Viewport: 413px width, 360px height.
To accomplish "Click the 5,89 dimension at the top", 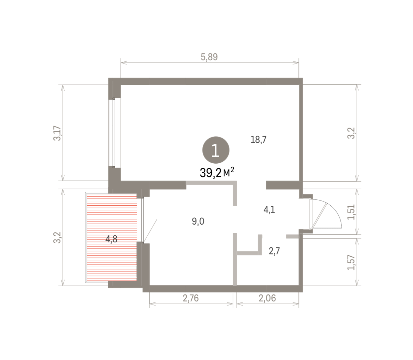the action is (209, 57).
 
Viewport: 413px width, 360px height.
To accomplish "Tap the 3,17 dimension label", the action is (57, 133).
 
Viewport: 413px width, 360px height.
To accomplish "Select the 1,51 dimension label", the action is (351, 212).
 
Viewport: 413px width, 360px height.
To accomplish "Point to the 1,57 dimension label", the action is (351, 263).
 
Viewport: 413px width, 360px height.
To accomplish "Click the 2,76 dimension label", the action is (191, 298).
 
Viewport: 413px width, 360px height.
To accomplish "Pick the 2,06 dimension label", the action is (267, 298).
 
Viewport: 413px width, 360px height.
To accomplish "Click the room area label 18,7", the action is (258, 140).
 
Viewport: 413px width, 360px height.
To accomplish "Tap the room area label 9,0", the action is (198, 222).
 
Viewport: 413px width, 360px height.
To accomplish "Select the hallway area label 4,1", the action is (269, 210).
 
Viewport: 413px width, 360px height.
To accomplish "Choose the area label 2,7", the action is (274, 251).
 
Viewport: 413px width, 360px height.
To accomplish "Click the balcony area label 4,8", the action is (111, 239).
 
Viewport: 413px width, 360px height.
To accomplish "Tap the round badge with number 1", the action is (216, 150).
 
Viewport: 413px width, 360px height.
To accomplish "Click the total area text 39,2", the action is (211, 173).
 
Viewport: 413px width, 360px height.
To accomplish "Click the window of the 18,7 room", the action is (114, 133).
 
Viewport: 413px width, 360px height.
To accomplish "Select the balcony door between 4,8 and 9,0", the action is (143, 220).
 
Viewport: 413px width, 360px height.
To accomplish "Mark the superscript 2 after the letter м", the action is (232, 170).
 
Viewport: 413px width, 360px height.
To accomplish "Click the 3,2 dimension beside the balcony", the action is (57, 238).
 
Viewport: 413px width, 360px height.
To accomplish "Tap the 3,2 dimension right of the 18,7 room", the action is (351, 133).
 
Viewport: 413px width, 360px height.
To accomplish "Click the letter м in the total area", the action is (226, 174).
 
